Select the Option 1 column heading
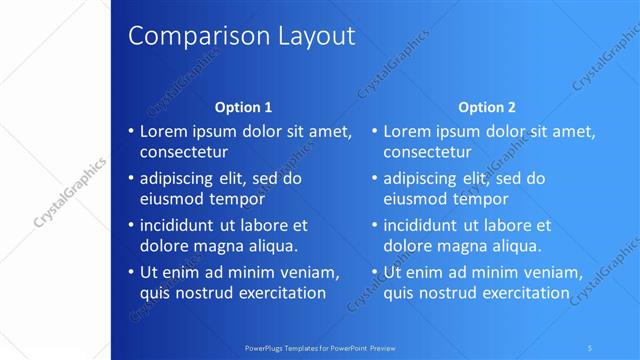tap(244, 107)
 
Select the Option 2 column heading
tap(487, 107)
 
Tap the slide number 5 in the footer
tap(591, 347)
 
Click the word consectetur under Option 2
tap(428, 153)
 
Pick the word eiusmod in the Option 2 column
tap(416, 199)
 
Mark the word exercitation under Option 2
tap(519, 293)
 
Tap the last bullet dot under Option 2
tap(375, 273)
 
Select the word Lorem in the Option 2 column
tap(407, 131)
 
